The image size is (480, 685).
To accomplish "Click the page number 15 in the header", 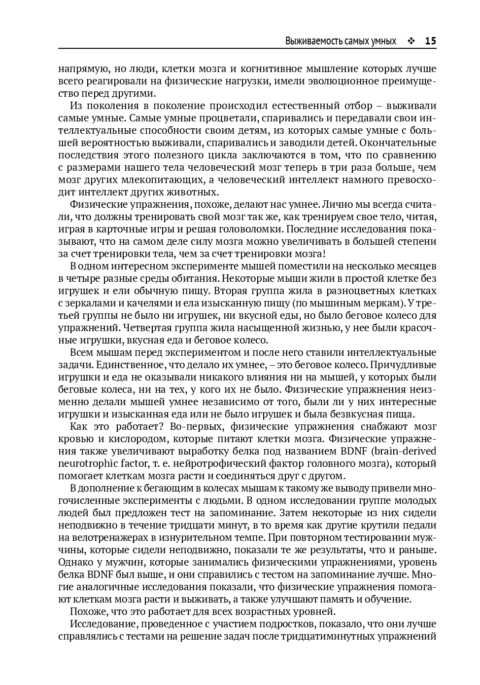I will [430, 41].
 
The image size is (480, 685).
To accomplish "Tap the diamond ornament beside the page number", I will [411, 41].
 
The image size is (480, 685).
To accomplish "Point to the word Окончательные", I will [398, 143].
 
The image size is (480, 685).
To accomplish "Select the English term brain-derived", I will [406, 452].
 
